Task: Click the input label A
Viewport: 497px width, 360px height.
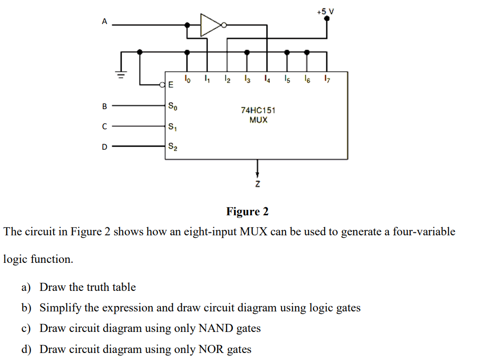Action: [x=104, y=21]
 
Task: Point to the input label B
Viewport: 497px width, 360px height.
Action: [x=104, y=106]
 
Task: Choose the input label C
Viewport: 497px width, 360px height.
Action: [x=104, y=127]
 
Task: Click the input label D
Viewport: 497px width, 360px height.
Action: [x=104, y=147]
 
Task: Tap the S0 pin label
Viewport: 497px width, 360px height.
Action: [x=172, y=107]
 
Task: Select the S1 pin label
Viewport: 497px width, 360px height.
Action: [x=172, y=127]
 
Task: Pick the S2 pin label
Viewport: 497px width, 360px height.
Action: [x=172, y=147]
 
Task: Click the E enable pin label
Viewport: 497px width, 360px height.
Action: [x=171, y=85]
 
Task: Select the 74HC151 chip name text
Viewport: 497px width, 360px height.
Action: [x=258, y=110]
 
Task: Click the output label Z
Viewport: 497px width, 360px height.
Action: [x=258, y=185]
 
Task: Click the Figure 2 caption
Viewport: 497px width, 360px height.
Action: [x=247, y=211]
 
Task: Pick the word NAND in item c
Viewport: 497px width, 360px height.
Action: [x=216, y=328]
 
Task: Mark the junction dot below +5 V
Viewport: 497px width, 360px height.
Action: [x=327, y=18]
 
